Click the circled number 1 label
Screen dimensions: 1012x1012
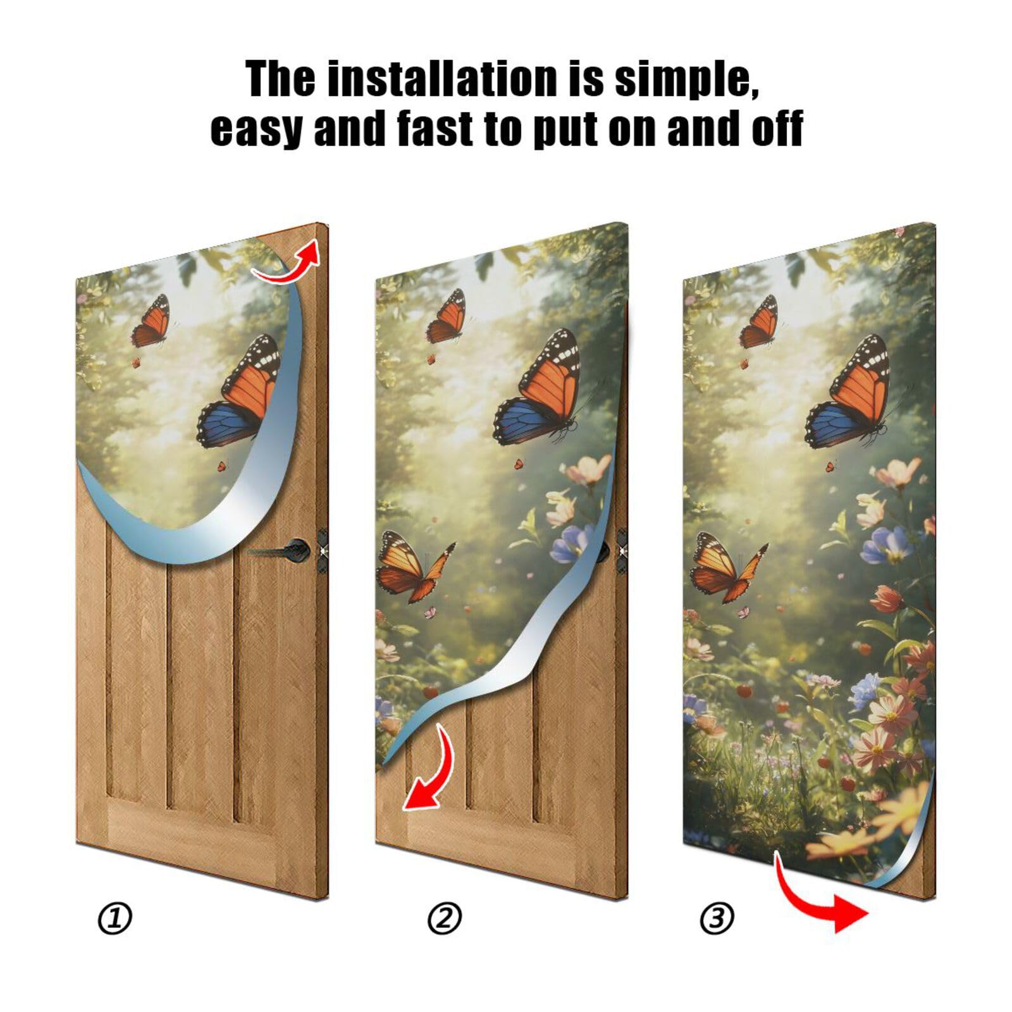tap(114, 918)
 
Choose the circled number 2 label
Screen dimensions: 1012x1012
tap(444, 918)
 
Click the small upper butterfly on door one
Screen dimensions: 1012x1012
tap(152, 321)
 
